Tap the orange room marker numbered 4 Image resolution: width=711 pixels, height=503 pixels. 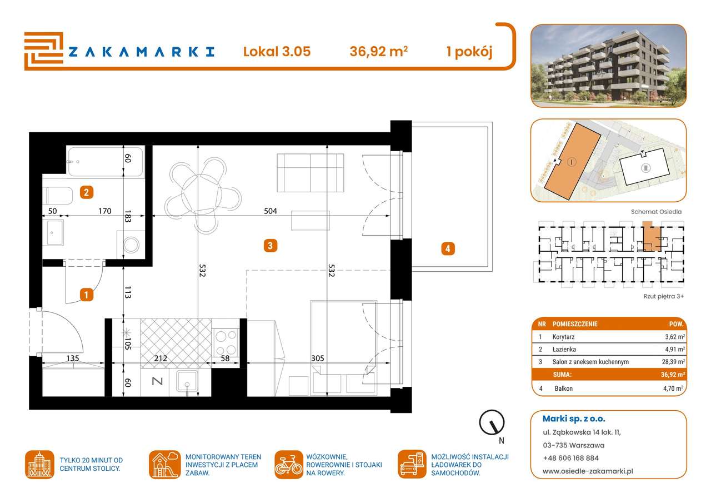coord(447,248)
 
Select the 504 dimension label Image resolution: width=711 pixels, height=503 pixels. coord(271,211)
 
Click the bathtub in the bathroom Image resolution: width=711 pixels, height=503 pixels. coord(105,161)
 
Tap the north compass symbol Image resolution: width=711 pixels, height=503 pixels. coord(492,424)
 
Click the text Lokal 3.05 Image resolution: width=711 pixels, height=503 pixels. coord(277,52)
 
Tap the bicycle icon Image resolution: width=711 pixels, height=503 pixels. coord(289,465)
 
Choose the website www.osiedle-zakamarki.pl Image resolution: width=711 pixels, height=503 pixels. coord(588,471)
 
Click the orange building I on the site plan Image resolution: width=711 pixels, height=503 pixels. coord(572,162)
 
